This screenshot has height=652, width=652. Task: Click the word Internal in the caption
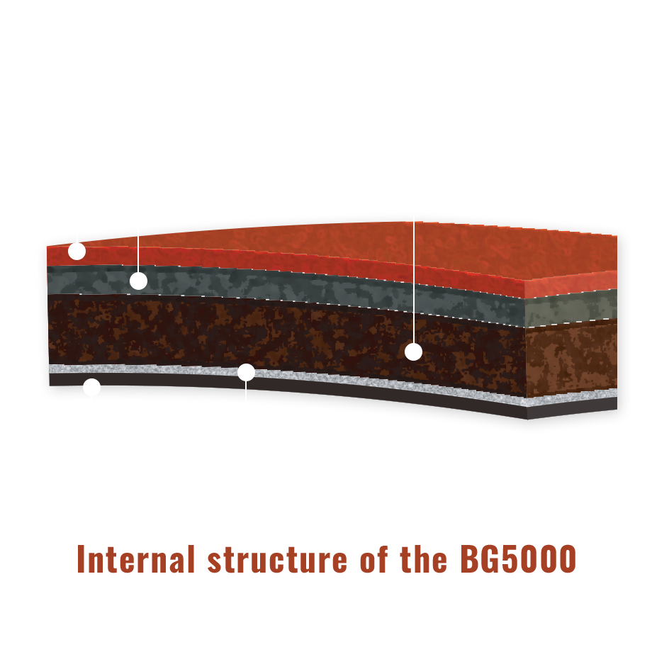point(136,559)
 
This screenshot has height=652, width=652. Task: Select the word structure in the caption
point(277,560)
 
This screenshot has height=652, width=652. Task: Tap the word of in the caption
point(374,559)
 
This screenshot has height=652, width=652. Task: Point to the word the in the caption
point(424,559)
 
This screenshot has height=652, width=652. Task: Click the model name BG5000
point(518,559)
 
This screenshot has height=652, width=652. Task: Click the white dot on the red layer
point(77,251)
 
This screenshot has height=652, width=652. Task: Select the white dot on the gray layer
point(138,281)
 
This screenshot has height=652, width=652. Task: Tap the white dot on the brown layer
point(413,352)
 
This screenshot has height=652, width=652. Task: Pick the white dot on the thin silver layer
point(246,372)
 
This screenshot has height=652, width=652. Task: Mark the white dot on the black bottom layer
point(92,387)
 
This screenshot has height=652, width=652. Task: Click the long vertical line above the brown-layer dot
point(414,281)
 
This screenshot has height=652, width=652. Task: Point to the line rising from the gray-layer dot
point(138,251)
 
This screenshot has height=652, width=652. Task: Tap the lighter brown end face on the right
point(572,359)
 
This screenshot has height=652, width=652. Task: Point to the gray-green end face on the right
point(572,308)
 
